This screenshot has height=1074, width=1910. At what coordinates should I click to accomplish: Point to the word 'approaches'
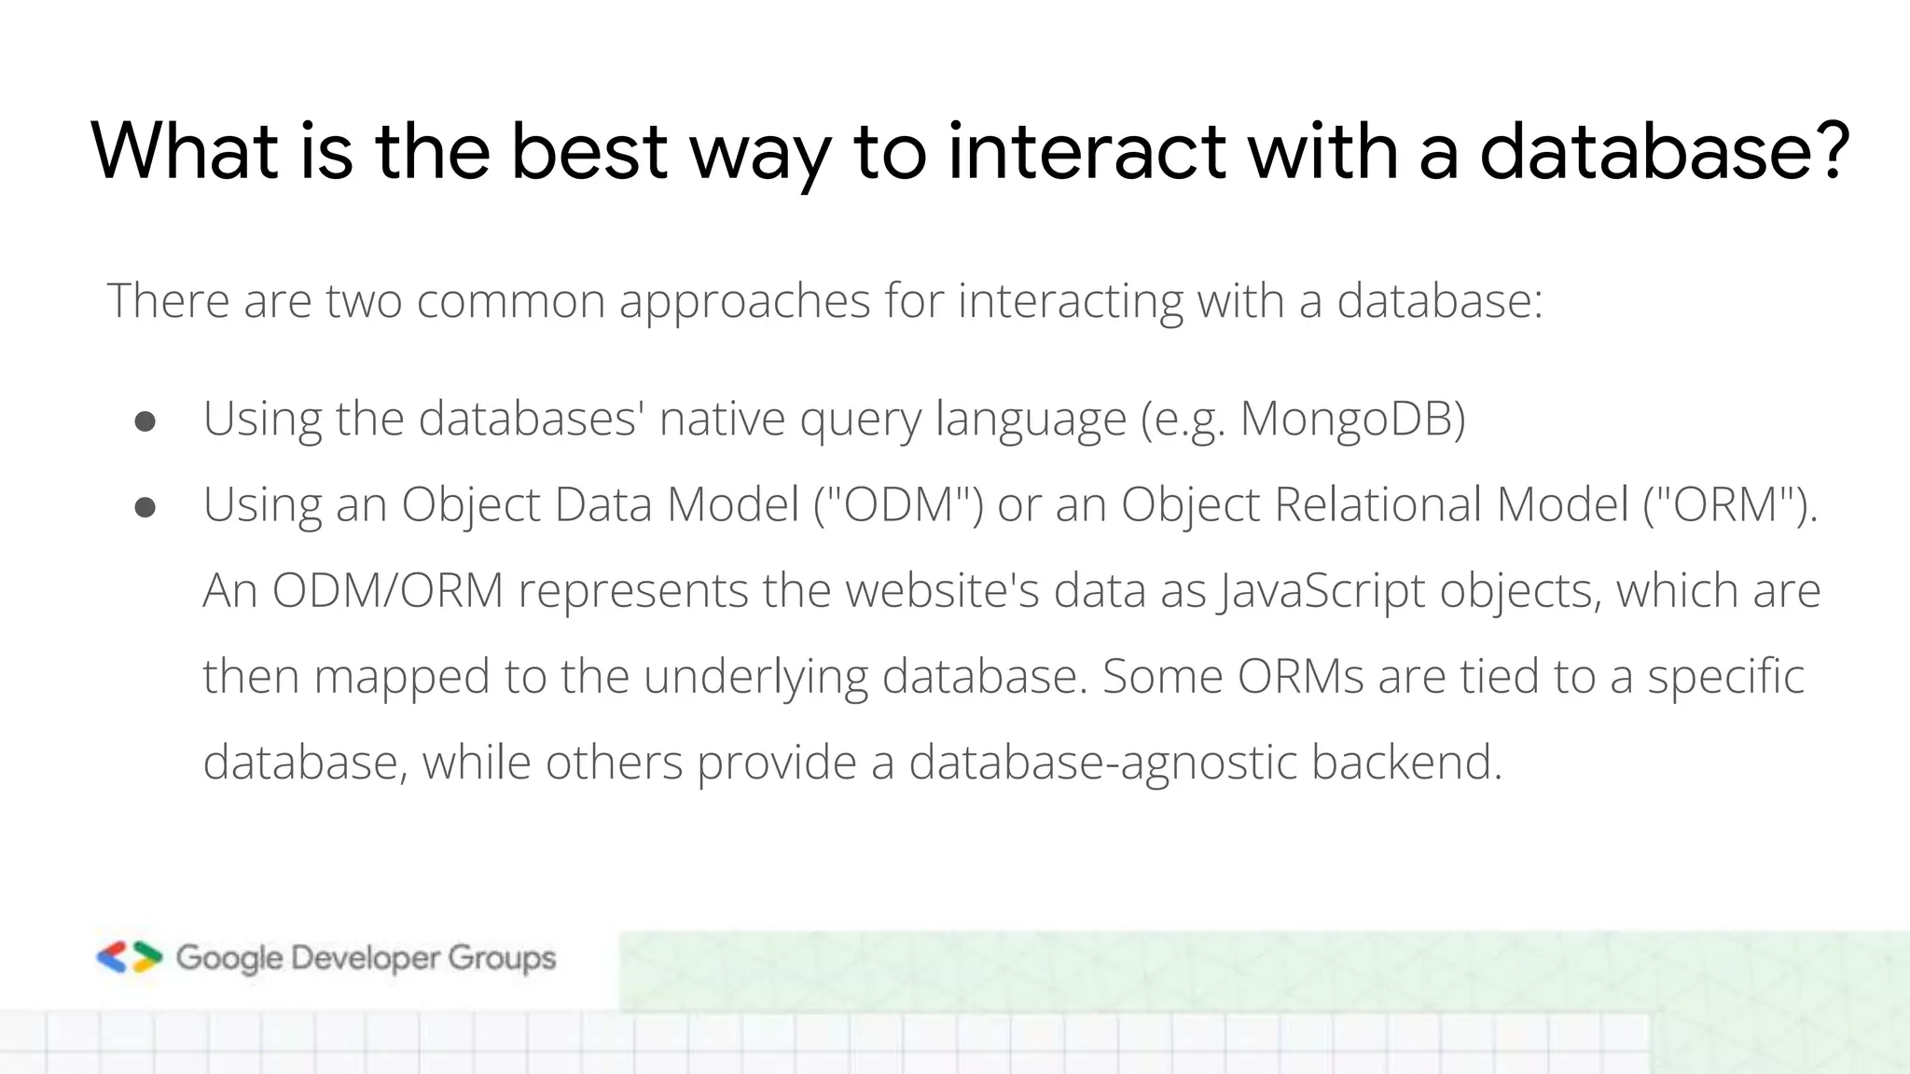[x=744, y=302]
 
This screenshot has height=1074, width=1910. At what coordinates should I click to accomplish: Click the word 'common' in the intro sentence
[x=510, y=302]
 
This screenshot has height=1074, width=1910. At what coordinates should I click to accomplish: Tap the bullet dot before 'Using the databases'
[x=145, y=421]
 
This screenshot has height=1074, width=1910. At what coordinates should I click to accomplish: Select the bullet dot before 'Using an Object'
[x=145, y=507]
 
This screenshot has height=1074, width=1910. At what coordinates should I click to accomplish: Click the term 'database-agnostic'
[x=1102, y=763]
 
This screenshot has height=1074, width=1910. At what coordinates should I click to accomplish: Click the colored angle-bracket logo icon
[x=130, y=957]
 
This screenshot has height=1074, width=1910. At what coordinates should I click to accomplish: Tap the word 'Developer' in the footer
[x=365, y=958]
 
